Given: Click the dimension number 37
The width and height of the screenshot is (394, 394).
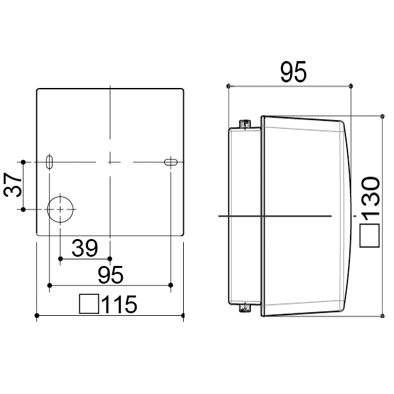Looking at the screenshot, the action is pyautogui.click(x=12, y=185).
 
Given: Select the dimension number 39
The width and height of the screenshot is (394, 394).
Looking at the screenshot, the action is pyautogui.click(x=85, y=248).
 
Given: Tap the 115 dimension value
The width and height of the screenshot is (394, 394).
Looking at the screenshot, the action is pyautogui.click(x=119, y=305).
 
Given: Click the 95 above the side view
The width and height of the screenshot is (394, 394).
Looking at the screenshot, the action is pyautogui.click(x=294, y=72).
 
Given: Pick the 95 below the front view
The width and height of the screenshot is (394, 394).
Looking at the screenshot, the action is pyautogui.click(x=110, y=275).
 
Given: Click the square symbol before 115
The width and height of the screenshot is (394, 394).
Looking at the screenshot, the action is pyautogui.click(x=89, y=304).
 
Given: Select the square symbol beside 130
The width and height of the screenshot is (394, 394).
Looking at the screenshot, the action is pyautogui.click(x=369, y=236).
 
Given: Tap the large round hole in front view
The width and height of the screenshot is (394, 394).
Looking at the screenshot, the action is pyautogui.click(x=60, y=209).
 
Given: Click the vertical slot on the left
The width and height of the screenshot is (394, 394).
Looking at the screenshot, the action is pyautogui.click(x=49, y=162).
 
